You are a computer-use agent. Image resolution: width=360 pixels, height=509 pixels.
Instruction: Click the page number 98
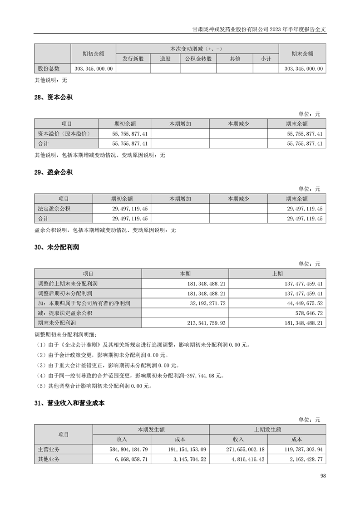coord(323,475)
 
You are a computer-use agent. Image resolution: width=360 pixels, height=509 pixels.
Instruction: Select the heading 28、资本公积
coord(53,98)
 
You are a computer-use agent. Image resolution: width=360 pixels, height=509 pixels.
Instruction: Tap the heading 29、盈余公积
coord(53,172)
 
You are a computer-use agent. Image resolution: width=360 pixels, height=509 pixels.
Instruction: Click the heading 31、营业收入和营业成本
coord(69,403)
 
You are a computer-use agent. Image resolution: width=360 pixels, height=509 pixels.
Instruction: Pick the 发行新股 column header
coord(133,59)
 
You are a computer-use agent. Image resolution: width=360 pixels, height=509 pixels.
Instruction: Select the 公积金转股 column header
coord(198,59)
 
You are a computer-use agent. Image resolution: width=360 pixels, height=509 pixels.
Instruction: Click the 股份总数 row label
coord(49,69)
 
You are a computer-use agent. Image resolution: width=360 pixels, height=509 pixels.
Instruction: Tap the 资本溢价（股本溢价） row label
coord(63,134)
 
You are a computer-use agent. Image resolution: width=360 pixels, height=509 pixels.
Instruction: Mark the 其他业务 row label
coord(49,459)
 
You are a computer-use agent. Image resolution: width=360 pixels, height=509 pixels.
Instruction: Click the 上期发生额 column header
coord(267,429)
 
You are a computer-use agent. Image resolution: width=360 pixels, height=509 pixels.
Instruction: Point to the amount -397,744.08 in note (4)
coord(199,376)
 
